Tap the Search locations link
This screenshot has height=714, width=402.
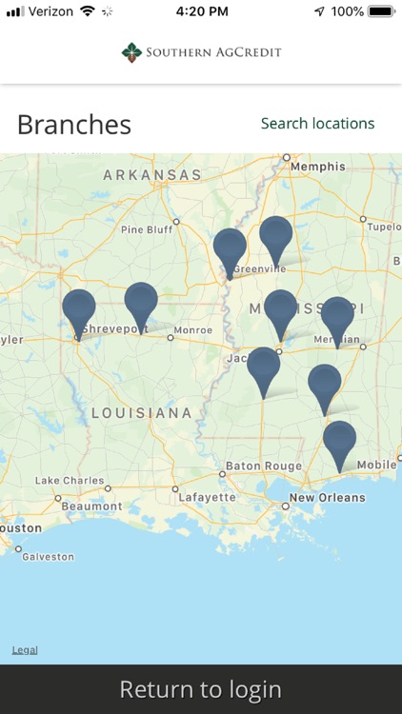(317, 124)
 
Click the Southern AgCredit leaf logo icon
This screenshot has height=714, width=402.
(131, 52)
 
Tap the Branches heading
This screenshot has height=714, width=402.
(74, 125)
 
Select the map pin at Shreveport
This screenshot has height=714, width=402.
(79, 310)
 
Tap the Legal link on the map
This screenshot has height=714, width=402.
(25, 650)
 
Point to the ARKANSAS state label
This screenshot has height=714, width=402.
(152, 175)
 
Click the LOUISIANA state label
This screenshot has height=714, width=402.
(142, 412)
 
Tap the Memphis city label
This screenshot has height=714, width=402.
(318, 167)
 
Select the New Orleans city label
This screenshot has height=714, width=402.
(327, 498)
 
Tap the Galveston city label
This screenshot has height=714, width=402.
(48, 557)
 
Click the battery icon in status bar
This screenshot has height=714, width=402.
(381, 11)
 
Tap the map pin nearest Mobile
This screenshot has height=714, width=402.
(339, 444)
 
